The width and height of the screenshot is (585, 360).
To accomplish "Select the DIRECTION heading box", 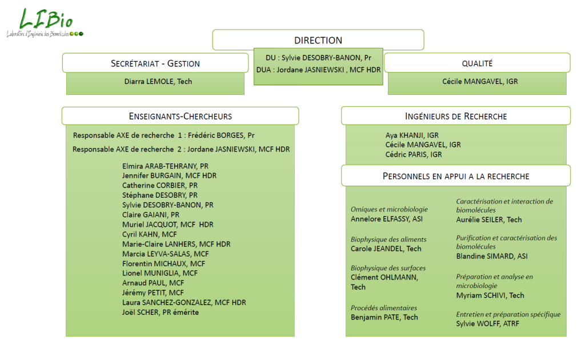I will (318, 41).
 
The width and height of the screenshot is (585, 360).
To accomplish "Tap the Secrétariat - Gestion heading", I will (155, 63).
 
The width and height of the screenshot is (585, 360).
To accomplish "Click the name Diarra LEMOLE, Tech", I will (158, 82).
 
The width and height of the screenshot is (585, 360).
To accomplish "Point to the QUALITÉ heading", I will (477, 63).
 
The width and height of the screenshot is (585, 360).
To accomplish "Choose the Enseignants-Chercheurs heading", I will (181, 116).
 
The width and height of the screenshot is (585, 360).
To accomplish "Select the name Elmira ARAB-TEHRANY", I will (165, 166).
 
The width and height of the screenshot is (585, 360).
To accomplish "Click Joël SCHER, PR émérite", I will (161, 312).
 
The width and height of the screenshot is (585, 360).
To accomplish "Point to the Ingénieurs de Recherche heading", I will (456, 116).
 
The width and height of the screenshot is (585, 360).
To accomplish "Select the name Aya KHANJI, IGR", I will (412, 135).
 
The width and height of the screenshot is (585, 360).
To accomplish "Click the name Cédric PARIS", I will (414, 154).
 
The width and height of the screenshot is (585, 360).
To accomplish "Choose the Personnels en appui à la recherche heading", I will (456, 176).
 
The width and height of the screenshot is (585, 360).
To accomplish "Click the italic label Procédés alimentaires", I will (384, 308).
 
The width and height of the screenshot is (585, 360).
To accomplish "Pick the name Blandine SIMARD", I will (492, 256).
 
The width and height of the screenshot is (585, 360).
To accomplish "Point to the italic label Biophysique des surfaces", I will (388, 268).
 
